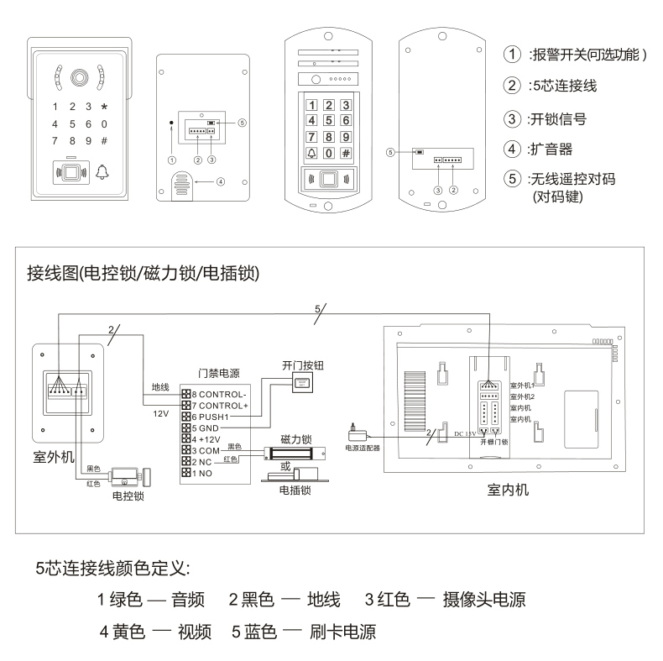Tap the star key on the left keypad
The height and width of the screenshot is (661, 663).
104,107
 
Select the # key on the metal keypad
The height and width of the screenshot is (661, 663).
345,153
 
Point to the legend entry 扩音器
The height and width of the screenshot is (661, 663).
550,149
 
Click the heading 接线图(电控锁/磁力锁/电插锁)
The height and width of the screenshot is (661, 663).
144,274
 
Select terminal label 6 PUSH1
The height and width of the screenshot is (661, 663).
210,416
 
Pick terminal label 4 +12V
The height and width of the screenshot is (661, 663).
207,438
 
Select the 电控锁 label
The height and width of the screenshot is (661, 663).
128,496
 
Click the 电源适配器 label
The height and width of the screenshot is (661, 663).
363,449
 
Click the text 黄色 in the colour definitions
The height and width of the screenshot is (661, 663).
129,631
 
